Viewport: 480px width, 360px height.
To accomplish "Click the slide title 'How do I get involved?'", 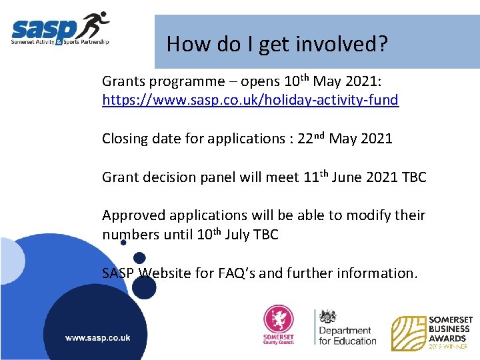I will (277, 44).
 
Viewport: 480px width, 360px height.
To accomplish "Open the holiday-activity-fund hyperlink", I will (250, 100).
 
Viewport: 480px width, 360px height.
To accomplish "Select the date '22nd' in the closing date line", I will (311, 138).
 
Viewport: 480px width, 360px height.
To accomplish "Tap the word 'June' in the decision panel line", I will (347, 177).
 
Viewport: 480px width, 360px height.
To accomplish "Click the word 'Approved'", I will (134, 215).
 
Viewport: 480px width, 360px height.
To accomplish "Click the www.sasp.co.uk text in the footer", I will (97, 337).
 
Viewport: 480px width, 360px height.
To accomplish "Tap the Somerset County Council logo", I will (278, 326).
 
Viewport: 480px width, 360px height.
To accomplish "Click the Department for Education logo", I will (345, 327).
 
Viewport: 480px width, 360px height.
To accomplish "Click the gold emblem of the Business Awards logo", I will (408, 333).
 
